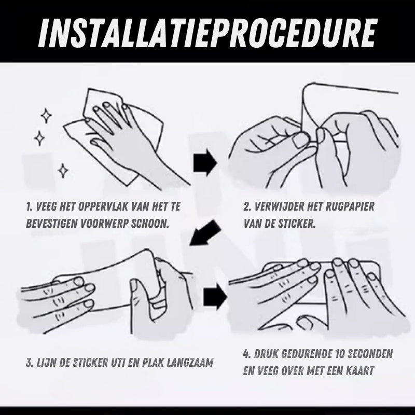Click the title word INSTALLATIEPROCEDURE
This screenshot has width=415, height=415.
pos(207,33)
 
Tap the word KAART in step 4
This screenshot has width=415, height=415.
pos(360,371)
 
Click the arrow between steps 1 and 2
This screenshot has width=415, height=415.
pos(205,162)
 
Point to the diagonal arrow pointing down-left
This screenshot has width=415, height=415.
pos(205,232)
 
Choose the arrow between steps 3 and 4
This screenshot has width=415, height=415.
pos(215,297)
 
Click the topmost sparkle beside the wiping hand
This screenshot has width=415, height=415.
pos(46,116)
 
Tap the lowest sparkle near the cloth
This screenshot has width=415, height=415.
pos(63,171)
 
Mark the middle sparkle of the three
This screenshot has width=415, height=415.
pos(39,138)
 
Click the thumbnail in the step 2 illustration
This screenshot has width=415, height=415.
pos(300,140)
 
